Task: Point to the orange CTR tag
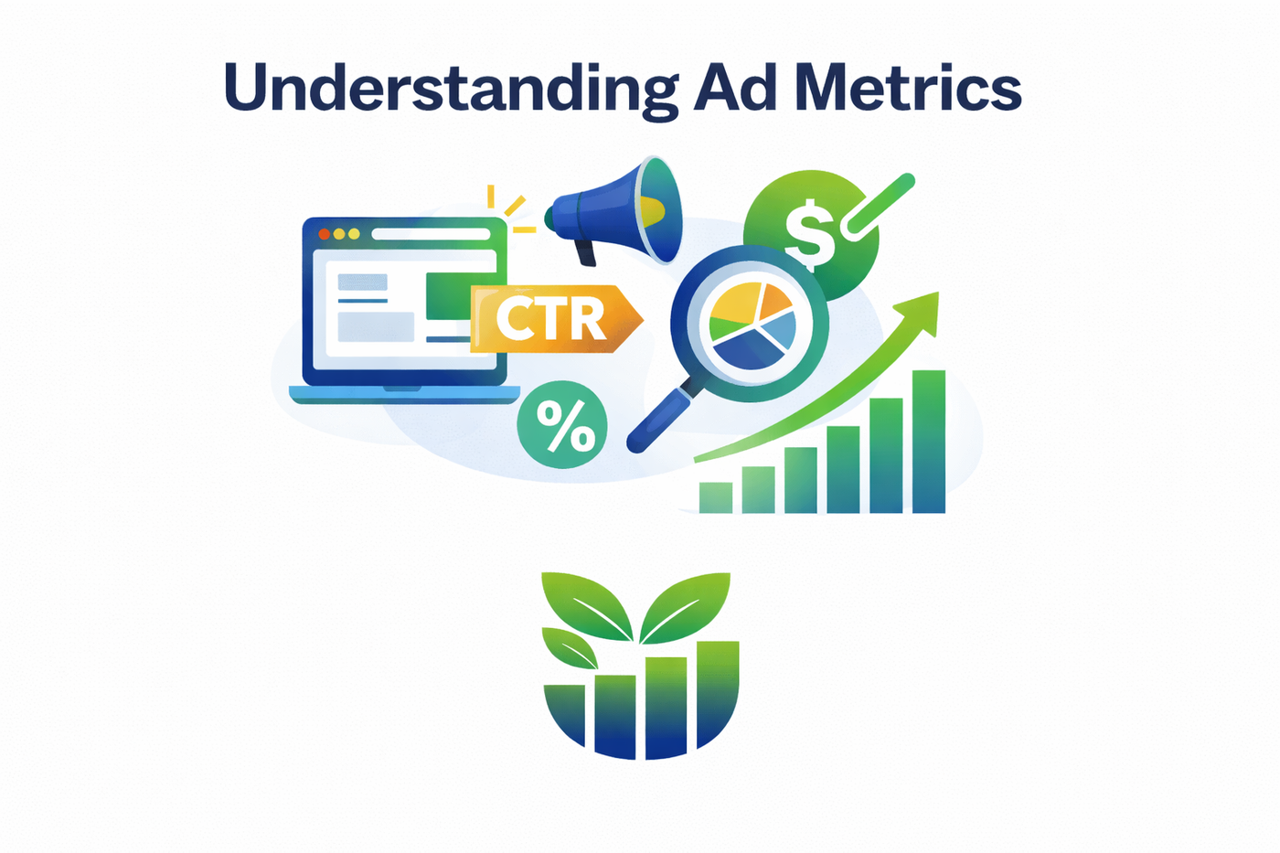[553, 319]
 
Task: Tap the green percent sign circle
[562, 425]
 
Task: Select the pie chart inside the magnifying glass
[752, 325]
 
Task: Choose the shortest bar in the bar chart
[715, 497]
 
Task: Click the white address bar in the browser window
[430, 234]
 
